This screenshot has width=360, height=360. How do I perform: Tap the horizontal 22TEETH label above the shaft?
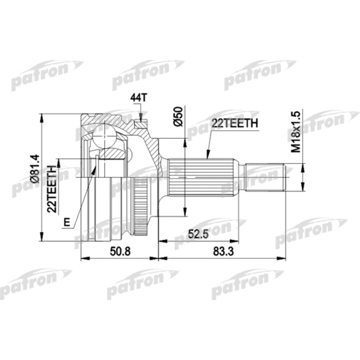233,123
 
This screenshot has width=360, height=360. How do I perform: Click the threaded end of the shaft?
267,177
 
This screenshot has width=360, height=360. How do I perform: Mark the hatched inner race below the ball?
111,152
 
